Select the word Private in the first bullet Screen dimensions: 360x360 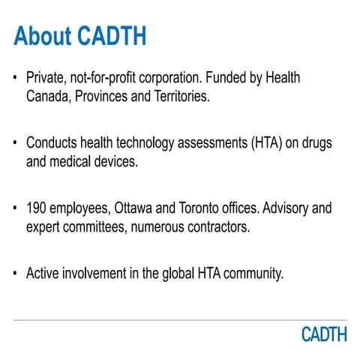[x=46, y=78]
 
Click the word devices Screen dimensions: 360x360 [x=116, y=160]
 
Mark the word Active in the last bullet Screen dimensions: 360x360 [x=43, y=272]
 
